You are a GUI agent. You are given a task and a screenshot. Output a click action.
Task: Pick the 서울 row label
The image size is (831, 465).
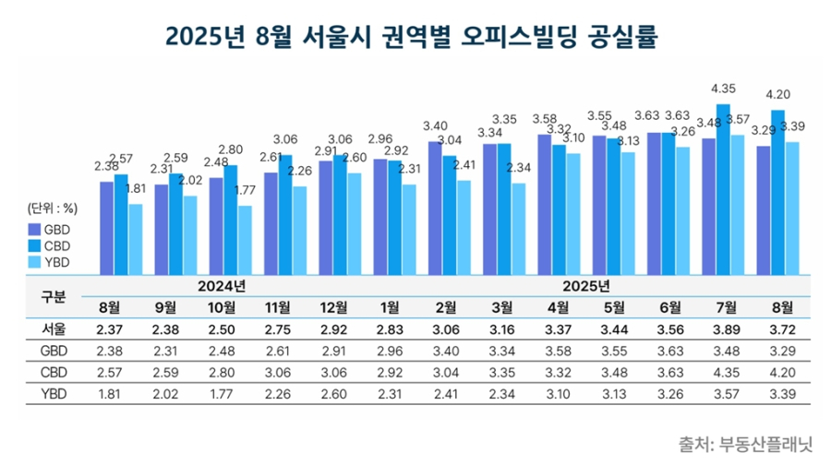click(54, 329)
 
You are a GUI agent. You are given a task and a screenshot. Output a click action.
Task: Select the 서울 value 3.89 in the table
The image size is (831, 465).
click(723, 329)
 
